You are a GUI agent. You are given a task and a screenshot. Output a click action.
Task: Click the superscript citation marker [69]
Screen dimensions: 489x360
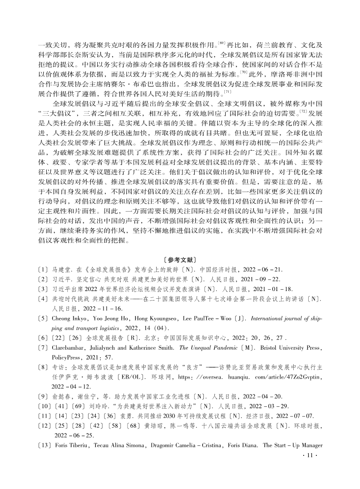pyautogui.click(x=222, y=44)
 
